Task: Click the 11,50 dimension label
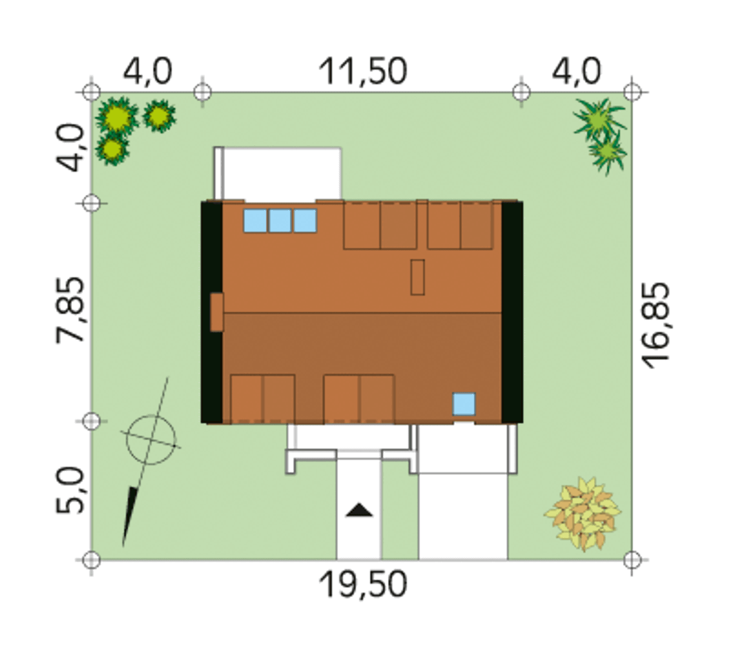[362, 72]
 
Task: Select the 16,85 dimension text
[655, 325]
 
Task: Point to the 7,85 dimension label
[70, 310]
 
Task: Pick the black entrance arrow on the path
[359, 510]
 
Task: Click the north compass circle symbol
[151, 439]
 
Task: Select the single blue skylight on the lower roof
[464, 403]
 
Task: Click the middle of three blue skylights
[280, 220]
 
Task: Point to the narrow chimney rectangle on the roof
[417, 277]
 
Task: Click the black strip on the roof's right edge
[512, 312]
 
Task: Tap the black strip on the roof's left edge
[211, 312]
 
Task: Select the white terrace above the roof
[278, 174]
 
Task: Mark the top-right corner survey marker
[632, 92]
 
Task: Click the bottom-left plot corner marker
[91, 560]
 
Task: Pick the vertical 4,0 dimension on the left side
[70, 147]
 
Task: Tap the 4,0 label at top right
[576, 72]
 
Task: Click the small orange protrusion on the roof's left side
[216, 312]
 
